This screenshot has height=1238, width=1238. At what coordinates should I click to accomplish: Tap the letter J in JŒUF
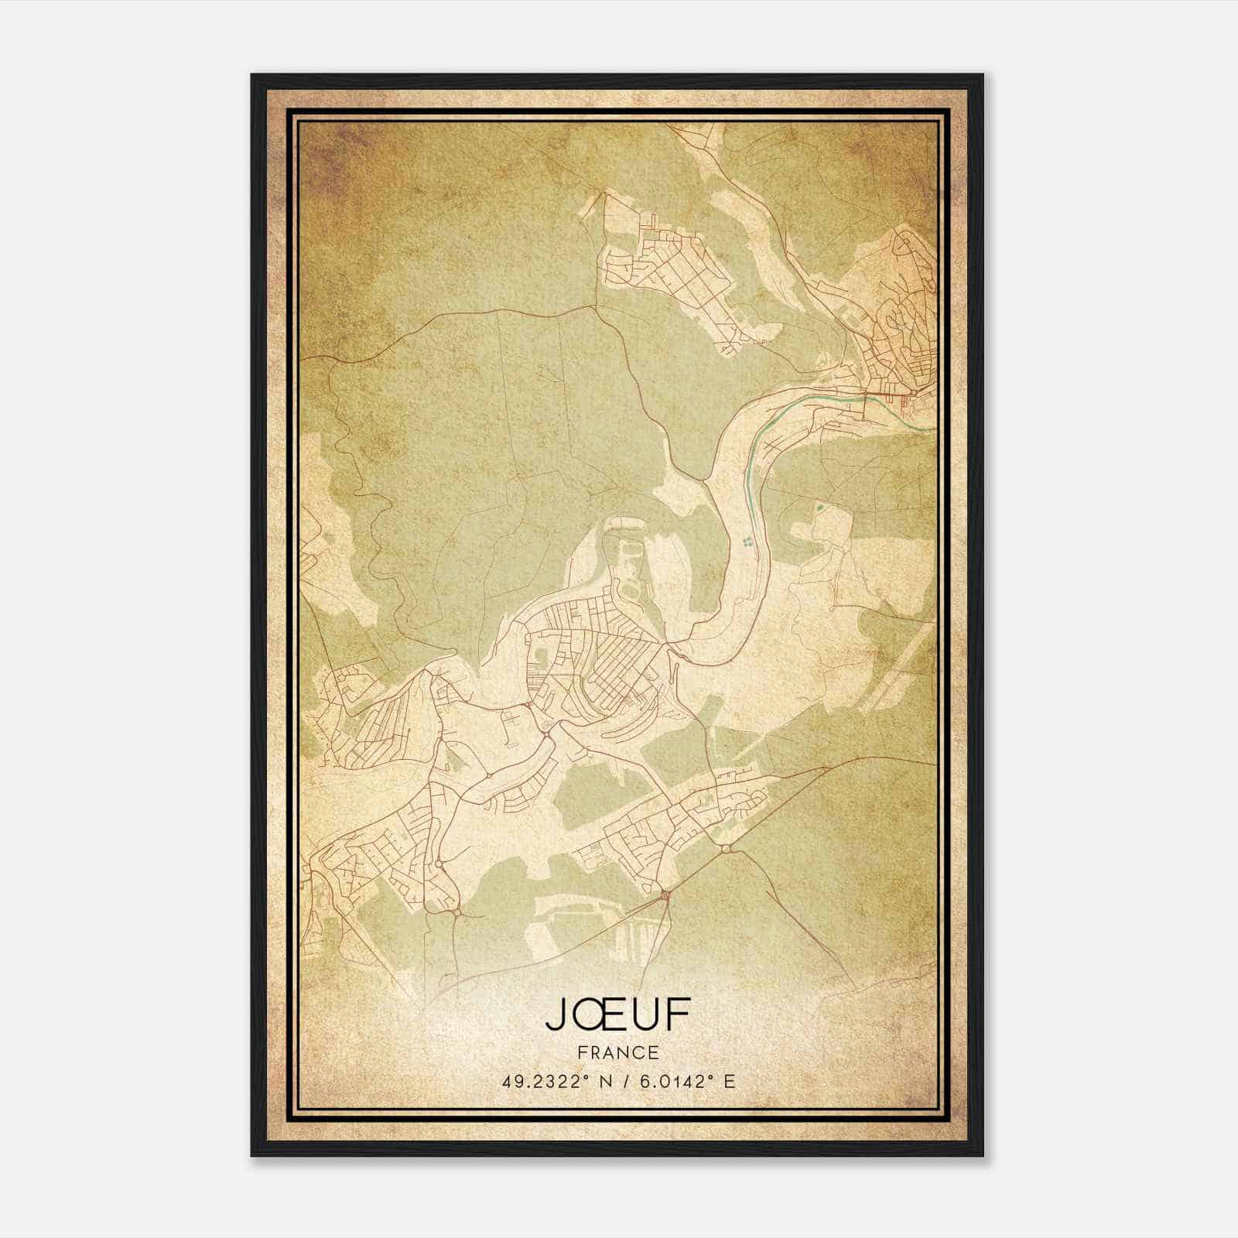[x=556, y=1015]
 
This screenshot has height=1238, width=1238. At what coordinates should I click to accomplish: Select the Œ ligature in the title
[x=597, y=1015]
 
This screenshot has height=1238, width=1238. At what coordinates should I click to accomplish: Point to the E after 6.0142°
[x=729, y=1081]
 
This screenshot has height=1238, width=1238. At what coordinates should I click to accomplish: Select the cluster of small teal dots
[x=747, y=542]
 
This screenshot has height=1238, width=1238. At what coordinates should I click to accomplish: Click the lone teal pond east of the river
[x=819, y=509]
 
